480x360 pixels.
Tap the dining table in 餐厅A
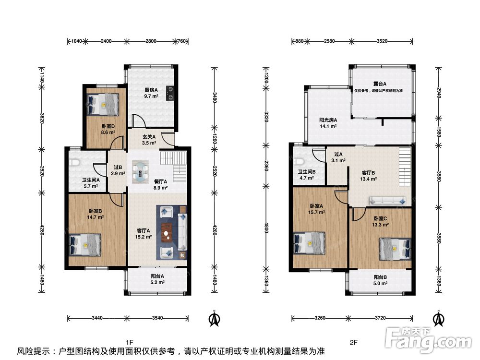tap(141, 172)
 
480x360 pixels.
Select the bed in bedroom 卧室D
tap(103, 104)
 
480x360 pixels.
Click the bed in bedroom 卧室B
tap(85, 245)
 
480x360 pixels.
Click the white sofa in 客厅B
tap(388, 201)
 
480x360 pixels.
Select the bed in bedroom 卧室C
tap(395, 249)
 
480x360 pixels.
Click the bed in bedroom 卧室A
tap(309, 243)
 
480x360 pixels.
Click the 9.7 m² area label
tap(151, 96)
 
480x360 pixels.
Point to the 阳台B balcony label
tap(380, 277)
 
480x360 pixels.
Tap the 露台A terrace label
tap(380, 84)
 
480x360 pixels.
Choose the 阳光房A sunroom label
tap(328, 120)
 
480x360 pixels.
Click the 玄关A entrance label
tap(149, 137)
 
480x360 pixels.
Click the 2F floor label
tap(354, 342)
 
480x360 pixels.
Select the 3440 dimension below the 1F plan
tap(97, 318)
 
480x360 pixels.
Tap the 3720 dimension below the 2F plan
tap(381, 318)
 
